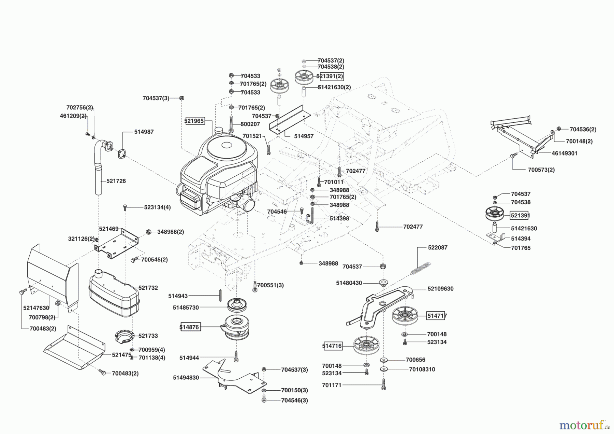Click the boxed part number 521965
tap(194, 121)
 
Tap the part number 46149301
tap(564, 153)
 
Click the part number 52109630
tap(440, 289)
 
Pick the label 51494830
tap(186, 378)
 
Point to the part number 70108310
tap(422, 369)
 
